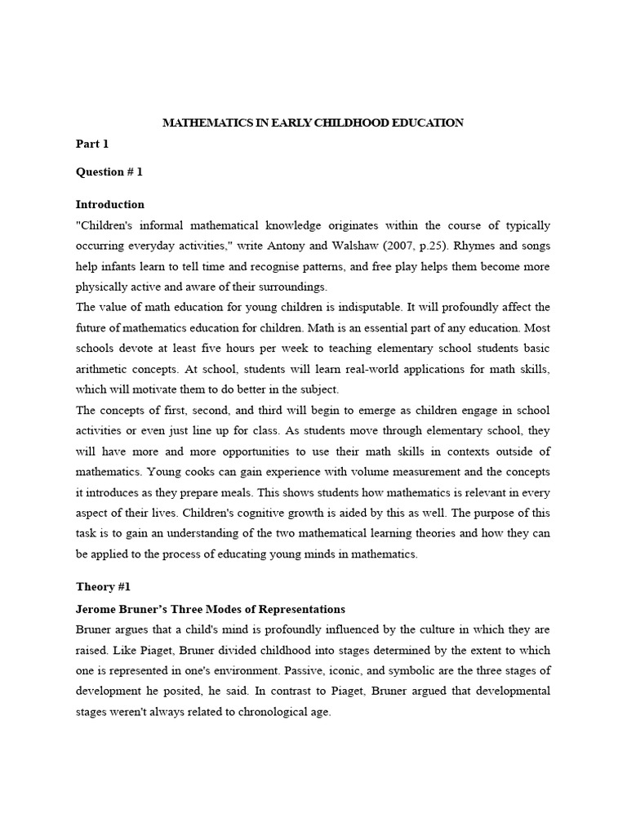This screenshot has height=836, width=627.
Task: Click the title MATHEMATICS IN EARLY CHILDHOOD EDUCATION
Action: click(313, 123)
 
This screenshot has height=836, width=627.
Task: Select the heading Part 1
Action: click(92, 145)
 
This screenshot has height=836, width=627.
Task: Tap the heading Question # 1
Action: click(109, 172)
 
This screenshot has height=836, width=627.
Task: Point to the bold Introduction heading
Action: click(110, 205)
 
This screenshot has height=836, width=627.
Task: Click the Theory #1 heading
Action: click(103, 587)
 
